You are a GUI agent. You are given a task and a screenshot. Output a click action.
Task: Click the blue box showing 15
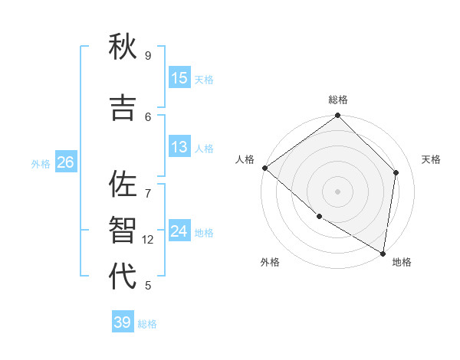click(x=179, y=78)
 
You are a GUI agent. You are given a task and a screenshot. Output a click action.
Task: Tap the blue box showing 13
click(x=179, y=147)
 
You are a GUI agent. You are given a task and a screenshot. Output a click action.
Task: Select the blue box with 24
click(x=179, y=231)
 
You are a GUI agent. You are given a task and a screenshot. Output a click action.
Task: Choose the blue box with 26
click(x=65, y=162)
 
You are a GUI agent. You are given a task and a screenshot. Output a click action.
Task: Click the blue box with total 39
click(x=123, y=322)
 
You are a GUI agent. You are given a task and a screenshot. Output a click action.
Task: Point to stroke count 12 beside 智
click(x=149, y=240)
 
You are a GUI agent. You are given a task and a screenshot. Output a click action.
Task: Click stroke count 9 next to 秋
click(x=148, y=56)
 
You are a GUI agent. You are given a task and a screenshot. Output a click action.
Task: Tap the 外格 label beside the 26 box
click(x=41, y=164)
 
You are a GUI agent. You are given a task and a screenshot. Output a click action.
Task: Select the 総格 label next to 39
click(x=147, y=324)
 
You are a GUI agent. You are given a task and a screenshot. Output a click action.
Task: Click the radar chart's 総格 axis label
click(x=338, y=100)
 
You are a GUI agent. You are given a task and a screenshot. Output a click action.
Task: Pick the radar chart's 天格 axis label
click(x=431, y=159)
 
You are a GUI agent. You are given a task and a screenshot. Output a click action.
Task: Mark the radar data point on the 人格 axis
click(x=264, y=168)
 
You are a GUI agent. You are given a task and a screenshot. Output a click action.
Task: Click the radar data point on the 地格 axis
click(x=383, y=252)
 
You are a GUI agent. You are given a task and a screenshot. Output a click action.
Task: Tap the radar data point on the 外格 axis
click(x=319, y=216)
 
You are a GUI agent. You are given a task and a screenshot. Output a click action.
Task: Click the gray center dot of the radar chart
click(x=337, y=191)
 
